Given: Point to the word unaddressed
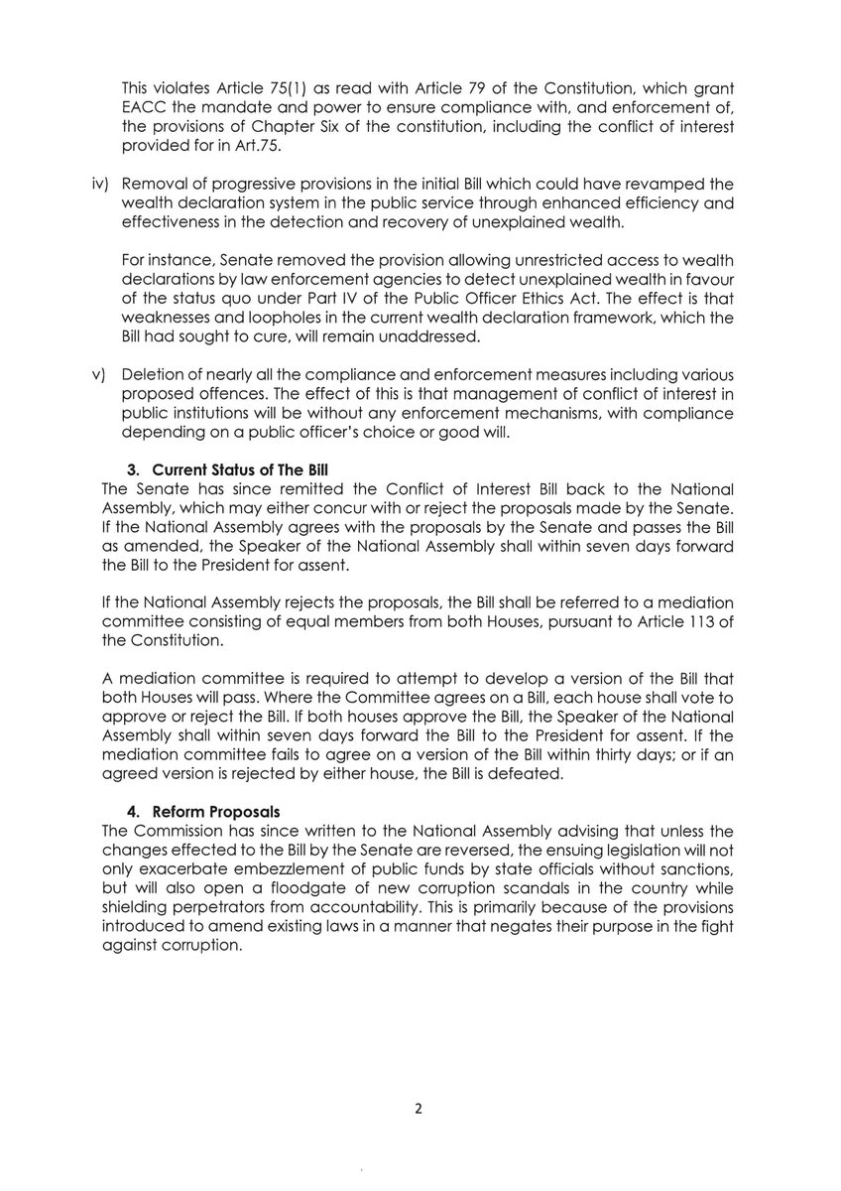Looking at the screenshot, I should click(x=442, y=337).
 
